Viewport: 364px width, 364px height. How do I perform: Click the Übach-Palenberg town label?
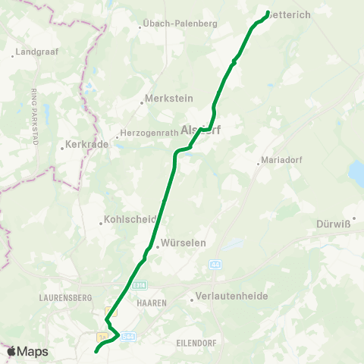[180, 24]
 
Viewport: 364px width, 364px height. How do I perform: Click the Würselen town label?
[180, 246]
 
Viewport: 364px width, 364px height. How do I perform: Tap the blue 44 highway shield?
[215, 265]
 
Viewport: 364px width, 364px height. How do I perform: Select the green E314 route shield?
[139, 285]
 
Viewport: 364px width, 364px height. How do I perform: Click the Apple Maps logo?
[27, 351]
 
